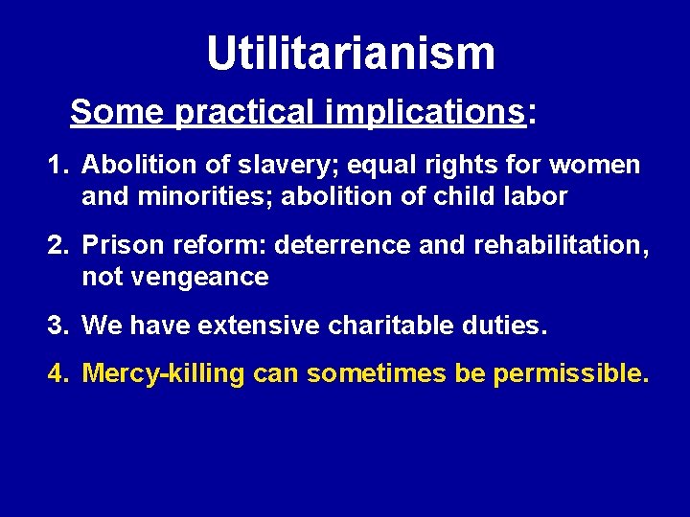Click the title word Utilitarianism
tap(351, 54)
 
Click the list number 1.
tap(57, 166)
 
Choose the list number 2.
tap(57, 246)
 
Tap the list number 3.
tap(57, 326)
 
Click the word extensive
tap(258, 326)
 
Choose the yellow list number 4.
tap(57, 373)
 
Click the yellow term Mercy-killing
tap(164, 373)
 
